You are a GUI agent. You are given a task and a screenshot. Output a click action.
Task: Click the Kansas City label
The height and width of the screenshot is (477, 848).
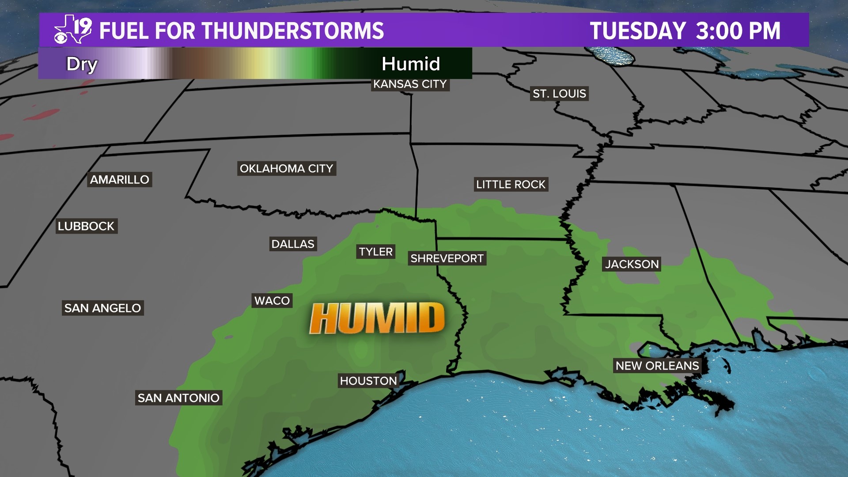[x=410, y=84]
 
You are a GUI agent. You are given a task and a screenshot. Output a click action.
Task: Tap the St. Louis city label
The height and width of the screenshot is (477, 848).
[x=559, y=94]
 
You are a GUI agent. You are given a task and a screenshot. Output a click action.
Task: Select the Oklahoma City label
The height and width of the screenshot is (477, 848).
[x=286, y=168]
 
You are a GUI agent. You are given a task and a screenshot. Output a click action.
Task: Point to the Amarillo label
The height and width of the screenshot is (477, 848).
[x=120, y=179]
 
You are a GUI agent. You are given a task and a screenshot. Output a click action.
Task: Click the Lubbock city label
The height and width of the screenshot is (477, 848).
[x=86, y=226]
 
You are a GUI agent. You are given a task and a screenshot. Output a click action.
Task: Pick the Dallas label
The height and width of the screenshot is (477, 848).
[x=293, y=244]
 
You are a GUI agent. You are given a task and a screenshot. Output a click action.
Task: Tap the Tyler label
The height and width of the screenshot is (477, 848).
[x=375, y=252]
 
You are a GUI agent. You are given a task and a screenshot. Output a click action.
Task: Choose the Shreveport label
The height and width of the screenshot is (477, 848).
[x=447, y=258]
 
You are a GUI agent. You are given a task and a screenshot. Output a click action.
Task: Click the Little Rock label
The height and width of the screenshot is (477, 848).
[x=511, y=184]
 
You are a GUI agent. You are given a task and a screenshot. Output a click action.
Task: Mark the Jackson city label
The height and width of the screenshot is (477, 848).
[x=632, y=264]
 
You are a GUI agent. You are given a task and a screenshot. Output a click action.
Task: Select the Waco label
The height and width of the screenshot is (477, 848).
[x=272, y=301]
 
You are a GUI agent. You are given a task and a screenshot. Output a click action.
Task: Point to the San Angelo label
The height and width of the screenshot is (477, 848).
[x=103, y=308]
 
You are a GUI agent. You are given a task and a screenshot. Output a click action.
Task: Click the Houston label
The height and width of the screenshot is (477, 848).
[x=368, y=381]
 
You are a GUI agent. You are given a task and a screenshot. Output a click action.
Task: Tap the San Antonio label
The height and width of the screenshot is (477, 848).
[x=178, y=398]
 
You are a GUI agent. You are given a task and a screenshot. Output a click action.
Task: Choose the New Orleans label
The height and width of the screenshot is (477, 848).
[x=657, y=366]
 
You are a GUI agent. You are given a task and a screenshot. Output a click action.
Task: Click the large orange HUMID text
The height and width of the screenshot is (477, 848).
[x=377, y=318]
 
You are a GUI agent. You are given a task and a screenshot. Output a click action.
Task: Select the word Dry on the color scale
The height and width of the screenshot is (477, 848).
[x=82, y=64]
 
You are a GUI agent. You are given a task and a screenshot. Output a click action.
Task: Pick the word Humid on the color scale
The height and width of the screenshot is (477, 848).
[x=411, y=64]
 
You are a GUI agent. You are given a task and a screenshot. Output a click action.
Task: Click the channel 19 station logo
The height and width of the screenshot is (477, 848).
[x=73, y=30]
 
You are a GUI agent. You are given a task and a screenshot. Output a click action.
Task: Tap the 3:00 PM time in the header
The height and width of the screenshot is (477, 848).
[x=738, y=31]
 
